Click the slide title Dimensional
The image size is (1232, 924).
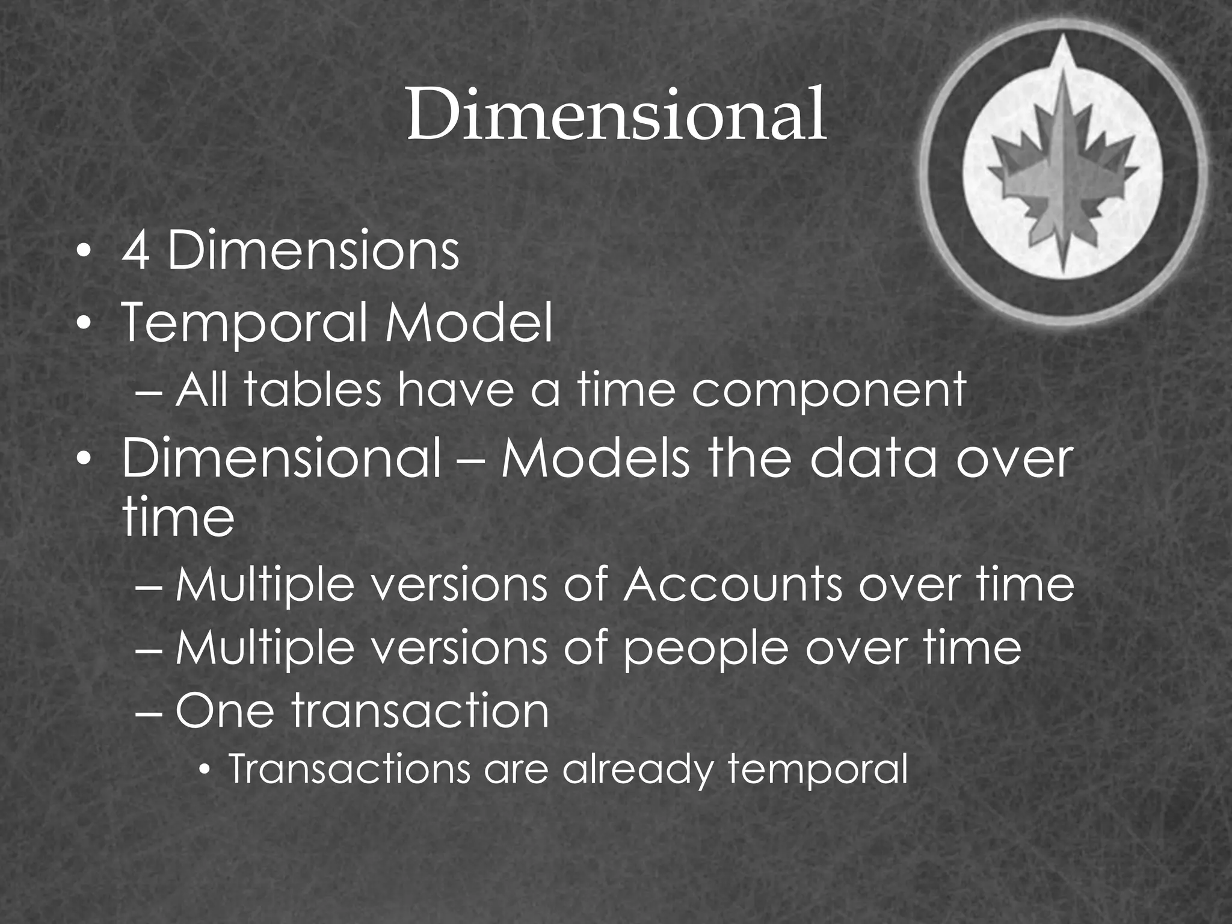pyautogui.click(x=615, y=113)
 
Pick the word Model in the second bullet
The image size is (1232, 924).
pyautogui.click(x=469, y=322)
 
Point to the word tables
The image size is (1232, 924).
pyautogui.click(x=313, y=389)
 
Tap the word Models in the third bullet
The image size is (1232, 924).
pyautogui.click(x=596, y=460)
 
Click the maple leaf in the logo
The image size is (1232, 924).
pyautogui.click(x=1063, y=174)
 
